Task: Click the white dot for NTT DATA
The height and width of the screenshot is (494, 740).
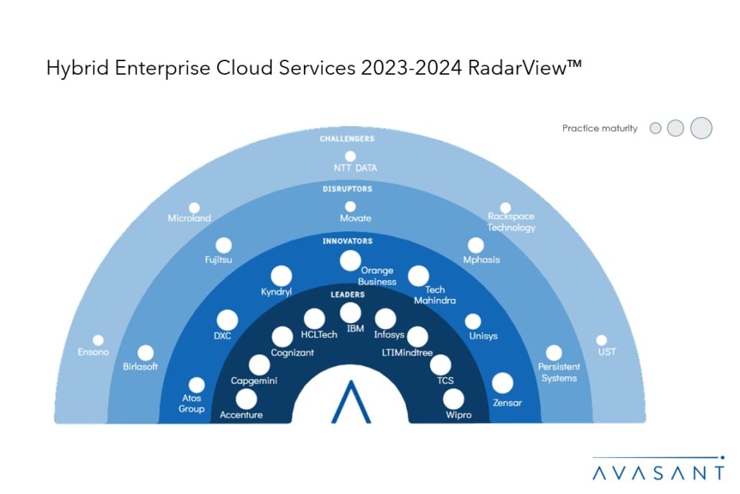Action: point(350,156)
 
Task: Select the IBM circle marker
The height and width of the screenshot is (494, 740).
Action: point(351,313)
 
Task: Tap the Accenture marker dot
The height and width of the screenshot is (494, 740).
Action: point(246,398)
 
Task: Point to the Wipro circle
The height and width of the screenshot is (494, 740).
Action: point(454,398)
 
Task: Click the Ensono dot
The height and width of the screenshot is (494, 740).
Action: point(98,340)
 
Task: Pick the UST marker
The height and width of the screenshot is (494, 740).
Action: point(602,340)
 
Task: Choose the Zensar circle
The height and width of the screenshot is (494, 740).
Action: point(502,383)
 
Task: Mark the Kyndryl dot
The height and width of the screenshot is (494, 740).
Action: point(282,275)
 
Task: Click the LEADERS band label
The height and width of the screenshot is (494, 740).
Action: point(350,294)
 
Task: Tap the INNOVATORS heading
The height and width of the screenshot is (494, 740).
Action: point(350,241)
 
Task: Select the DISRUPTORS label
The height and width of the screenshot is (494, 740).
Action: point(350,189)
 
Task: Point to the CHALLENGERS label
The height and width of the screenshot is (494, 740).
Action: point(350,138)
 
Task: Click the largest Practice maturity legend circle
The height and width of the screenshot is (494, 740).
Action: point(700,128)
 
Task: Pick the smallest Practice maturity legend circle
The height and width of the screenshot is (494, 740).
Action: point(655,128)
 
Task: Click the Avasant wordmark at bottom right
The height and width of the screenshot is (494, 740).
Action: point(659,472)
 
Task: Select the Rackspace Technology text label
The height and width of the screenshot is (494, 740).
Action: point(512,221)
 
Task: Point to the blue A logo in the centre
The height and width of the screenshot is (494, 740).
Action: point(350,401)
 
